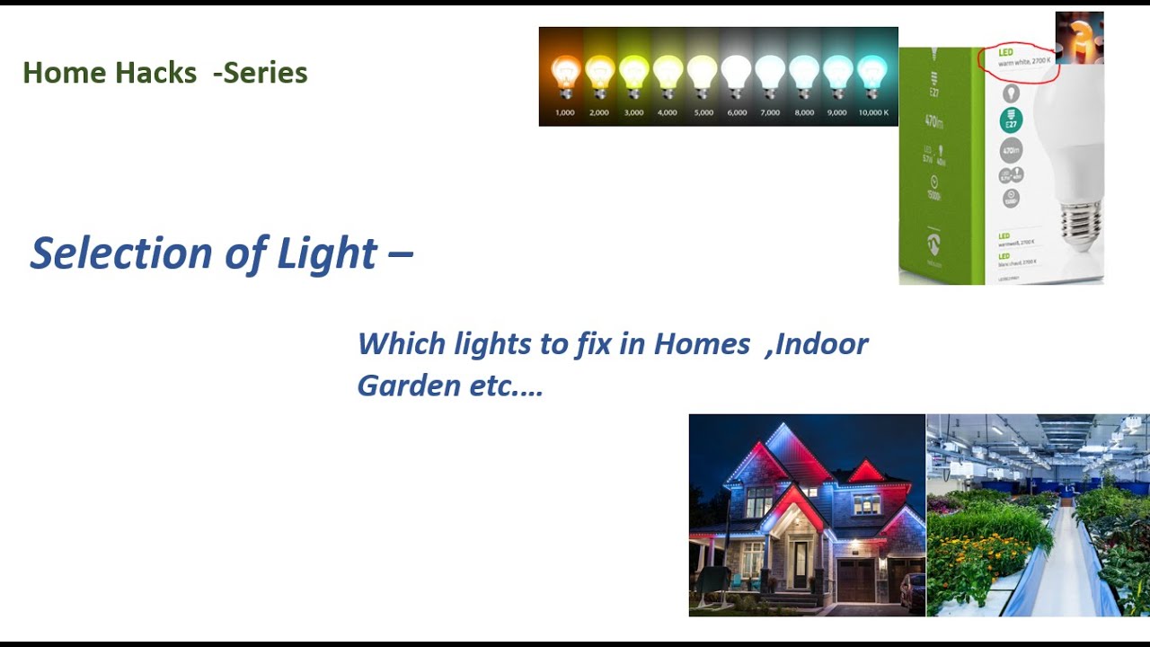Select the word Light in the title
click(x=327, y=253)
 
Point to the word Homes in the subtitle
click(x=702, y=343)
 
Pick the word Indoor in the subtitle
click(x=822, y=343)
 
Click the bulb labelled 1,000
click(x=565, y=75)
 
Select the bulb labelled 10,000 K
click(x=871, y=75)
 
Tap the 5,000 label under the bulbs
click(x=703, y=113)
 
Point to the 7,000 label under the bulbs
click(x=770, y=113)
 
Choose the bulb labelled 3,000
click(x=633, y=75)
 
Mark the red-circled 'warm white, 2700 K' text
click(x=1024, y=61)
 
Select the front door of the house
click(x=800, y=564)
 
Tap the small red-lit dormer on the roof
click(x=865, y=471)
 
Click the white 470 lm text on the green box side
click(x=934, y=120)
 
